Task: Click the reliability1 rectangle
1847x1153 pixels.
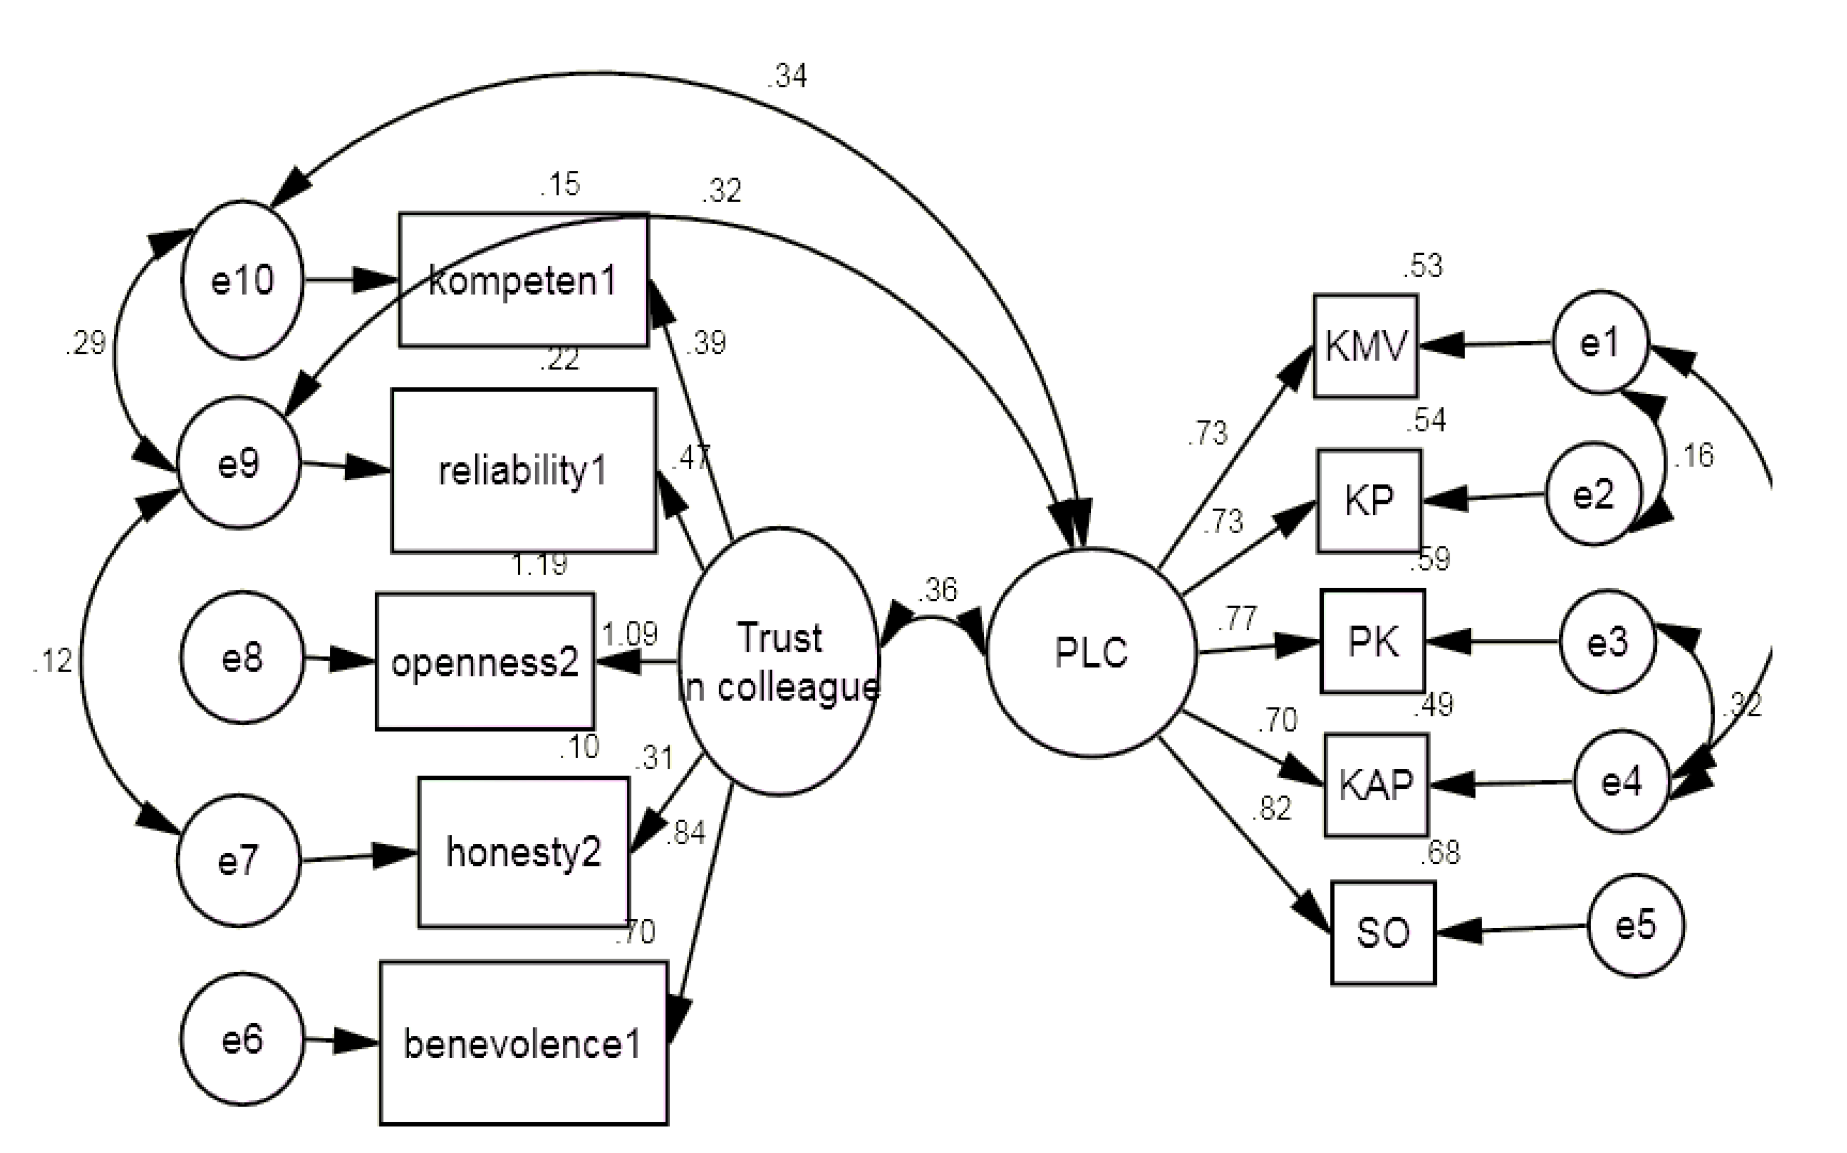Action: (524, 470)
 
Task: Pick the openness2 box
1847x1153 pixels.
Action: (485, 661)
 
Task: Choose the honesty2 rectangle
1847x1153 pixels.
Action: (524, 852)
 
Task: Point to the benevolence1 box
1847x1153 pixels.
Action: (524, 1043)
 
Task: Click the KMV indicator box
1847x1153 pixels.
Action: (1365, 345)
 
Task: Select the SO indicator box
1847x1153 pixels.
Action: (1383, 933)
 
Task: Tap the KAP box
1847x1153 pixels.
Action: (1376, 785)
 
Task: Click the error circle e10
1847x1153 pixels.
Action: (242, 280)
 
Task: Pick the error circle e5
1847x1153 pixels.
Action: (1636, 925)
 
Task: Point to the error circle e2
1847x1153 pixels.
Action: (1593, 494)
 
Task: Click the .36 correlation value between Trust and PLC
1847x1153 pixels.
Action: (937, 589)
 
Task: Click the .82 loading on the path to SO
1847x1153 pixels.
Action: (1272, 808)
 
